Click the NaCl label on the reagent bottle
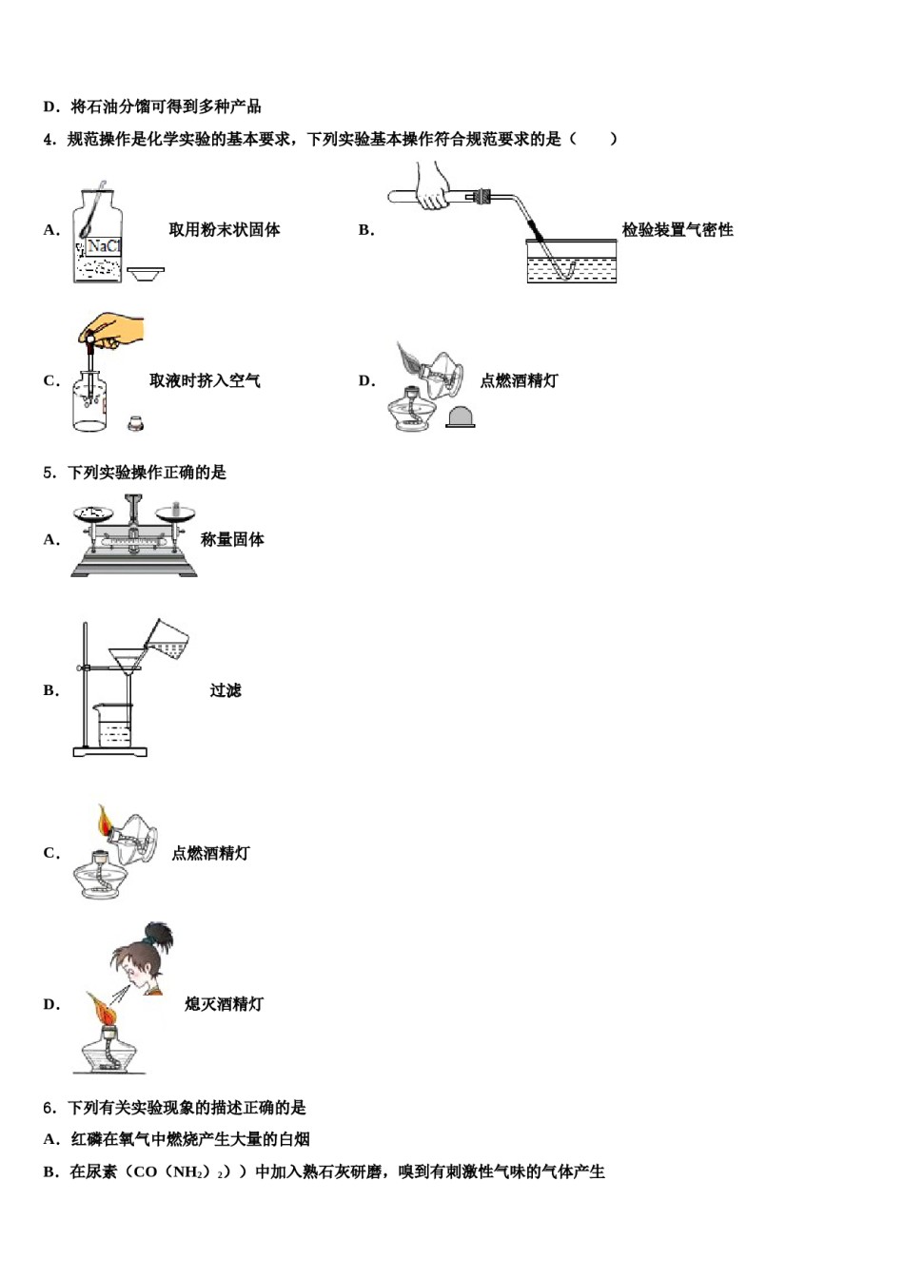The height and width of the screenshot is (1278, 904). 103,246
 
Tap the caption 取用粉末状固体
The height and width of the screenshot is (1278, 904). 225,230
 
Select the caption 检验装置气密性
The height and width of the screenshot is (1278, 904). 678,230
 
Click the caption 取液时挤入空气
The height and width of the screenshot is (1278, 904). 205,381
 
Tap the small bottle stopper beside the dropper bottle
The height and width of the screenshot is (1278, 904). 137,421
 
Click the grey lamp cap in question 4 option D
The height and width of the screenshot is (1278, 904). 460,417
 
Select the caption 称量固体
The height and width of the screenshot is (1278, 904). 232,540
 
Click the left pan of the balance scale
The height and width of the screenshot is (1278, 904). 93,513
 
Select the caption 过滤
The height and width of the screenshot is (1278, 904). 226,691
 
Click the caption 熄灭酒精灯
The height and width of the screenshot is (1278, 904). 224,1004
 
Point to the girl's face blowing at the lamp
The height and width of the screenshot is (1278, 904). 134,965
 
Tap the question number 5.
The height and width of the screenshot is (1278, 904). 49,473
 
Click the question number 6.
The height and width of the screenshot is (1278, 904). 49,1108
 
